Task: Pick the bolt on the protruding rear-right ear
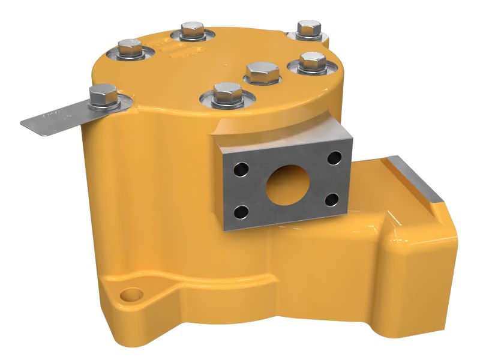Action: pos(308,28)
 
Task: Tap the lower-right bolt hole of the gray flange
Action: pos(332,199)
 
